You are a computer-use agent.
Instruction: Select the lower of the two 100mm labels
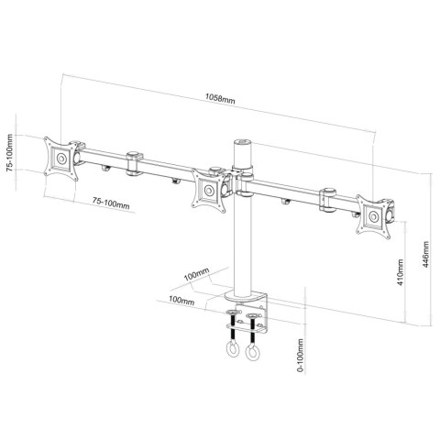click(x=181, y=298)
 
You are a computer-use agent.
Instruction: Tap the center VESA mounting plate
click(x=210, y=190)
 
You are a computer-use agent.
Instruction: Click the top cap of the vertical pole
click(x=243, y=144)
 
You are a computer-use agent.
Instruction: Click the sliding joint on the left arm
click(x=136, y=161)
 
